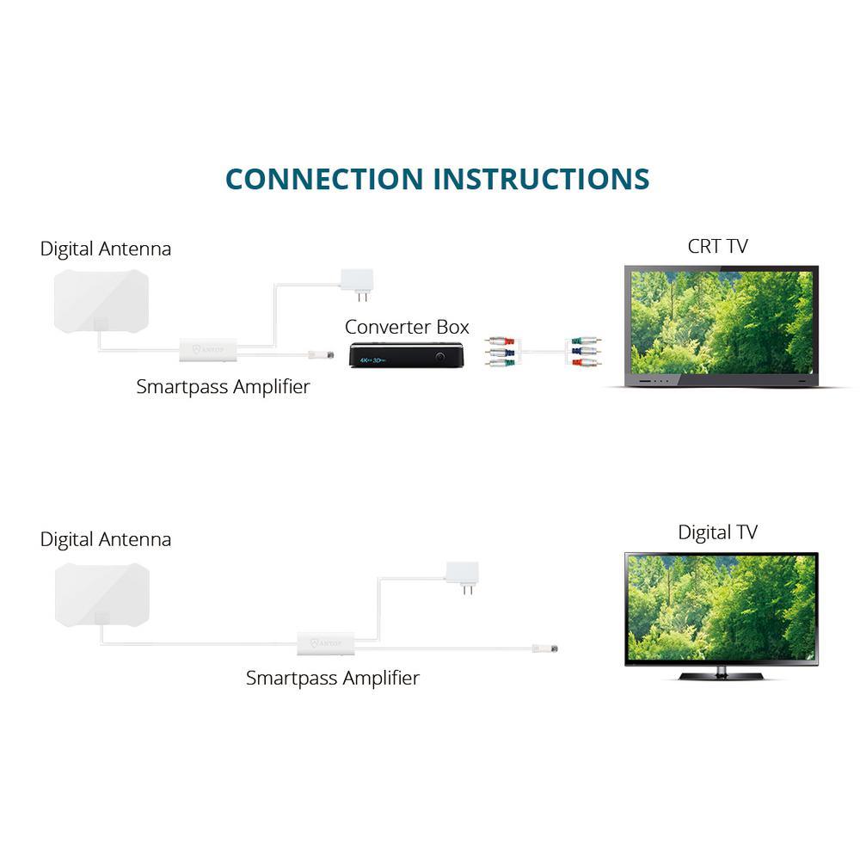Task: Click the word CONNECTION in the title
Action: tap(324, 179)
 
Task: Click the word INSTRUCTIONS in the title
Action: tap(541, 179)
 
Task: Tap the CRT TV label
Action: tap(717, 246)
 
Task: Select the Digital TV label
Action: tap(717, 532)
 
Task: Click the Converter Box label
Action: tap(407, 327)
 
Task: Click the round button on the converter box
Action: tap(441, 355)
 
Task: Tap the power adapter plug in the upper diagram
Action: tap(357, 281)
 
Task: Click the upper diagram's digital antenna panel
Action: tap(101, 300)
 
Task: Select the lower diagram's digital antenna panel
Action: tap(101, 594)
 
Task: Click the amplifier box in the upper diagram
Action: tap(207, 350)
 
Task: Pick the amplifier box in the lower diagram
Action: tap(325, 642)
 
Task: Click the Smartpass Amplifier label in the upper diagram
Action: tap(223, 387)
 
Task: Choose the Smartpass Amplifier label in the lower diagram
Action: tap(332, 678)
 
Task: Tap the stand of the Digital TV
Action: tap(721, 674)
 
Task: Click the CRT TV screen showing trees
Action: tap(721, 322)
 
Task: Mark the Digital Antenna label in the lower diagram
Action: tap(106, 539)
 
